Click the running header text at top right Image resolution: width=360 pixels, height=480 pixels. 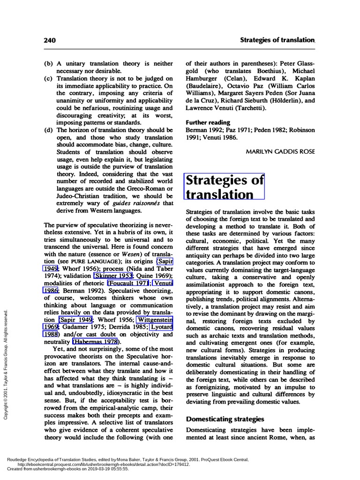pos(277,40)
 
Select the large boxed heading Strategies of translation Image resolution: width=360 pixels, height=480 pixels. pos(225,187)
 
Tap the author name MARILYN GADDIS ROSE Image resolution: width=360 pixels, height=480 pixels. pos(280,151)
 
